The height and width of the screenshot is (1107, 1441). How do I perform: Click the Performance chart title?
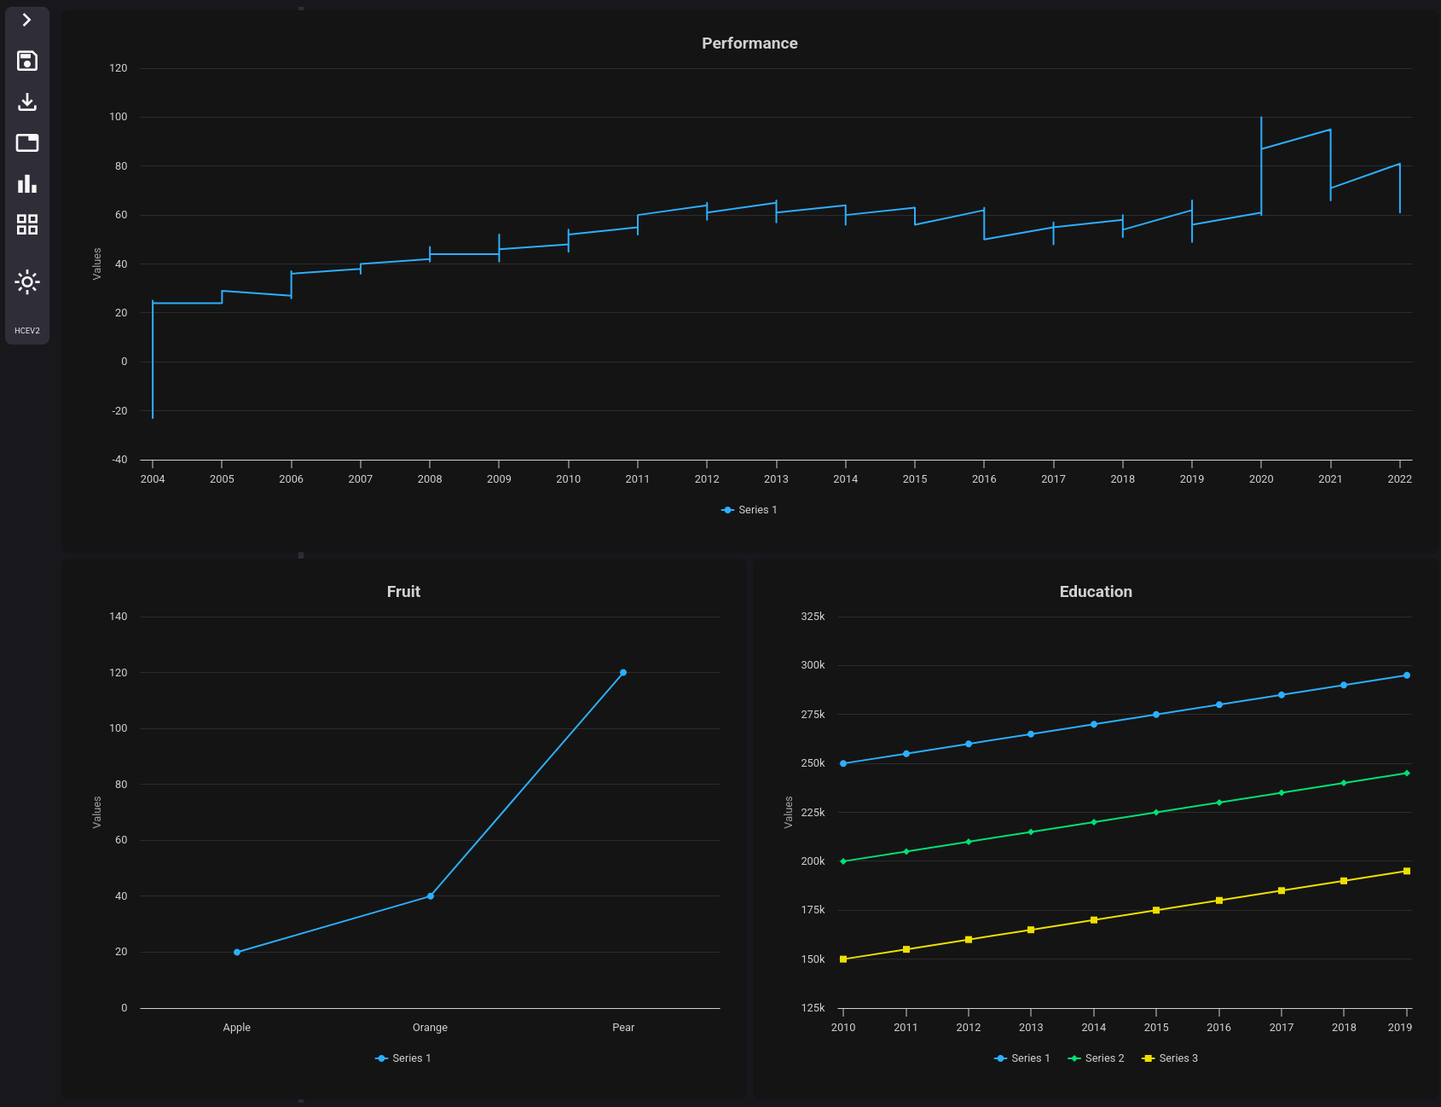749,43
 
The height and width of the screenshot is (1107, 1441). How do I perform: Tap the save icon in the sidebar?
27,61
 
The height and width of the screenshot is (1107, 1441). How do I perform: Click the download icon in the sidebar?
27,101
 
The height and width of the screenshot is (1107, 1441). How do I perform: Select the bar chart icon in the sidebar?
27,183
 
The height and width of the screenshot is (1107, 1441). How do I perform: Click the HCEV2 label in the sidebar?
27,331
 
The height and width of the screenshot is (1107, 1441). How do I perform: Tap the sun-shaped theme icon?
27,281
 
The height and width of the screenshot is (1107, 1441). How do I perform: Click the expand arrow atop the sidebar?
27,20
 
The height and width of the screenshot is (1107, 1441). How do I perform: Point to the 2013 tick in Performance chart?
776,478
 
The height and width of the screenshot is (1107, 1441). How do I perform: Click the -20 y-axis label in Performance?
119,411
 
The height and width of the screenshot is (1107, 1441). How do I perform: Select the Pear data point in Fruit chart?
623,673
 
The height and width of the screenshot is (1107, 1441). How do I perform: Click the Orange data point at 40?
431,896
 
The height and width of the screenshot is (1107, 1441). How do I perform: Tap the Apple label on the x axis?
237,1028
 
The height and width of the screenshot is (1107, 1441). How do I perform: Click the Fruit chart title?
403,592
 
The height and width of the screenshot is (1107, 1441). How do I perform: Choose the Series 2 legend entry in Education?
1097,1058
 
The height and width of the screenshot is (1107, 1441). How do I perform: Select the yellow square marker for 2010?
843,959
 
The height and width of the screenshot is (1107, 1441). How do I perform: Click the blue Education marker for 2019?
1407,675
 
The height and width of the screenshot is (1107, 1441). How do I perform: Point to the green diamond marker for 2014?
1094,822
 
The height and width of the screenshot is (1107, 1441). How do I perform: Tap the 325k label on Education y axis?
813,617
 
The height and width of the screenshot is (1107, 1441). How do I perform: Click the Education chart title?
1096,592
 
